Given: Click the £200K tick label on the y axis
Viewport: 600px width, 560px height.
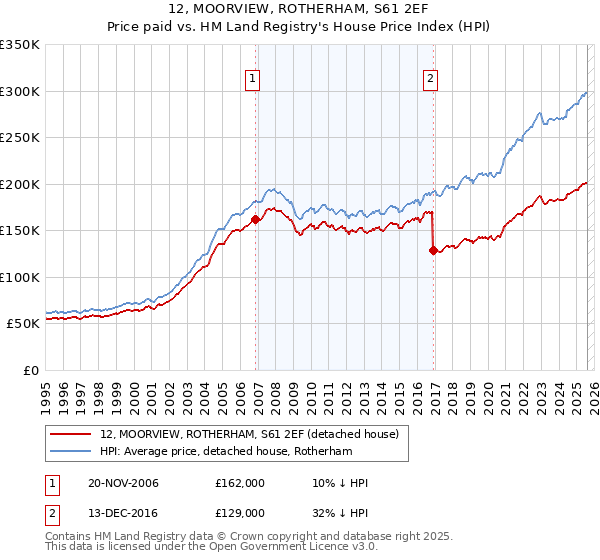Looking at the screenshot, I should (x=20, y=184).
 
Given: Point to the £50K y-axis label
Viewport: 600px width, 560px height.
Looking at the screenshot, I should (x=23, y=324).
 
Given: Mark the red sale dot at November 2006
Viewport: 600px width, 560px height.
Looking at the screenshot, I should (x=256, y=219).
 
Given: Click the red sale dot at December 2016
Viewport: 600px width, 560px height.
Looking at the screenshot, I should (x=433, y=250).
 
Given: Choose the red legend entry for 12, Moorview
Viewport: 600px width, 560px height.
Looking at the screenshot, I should (x=249, y=433).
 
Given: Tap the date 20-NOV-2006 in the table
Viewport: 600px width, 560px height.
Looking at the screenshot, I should (x=123, y=483).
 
